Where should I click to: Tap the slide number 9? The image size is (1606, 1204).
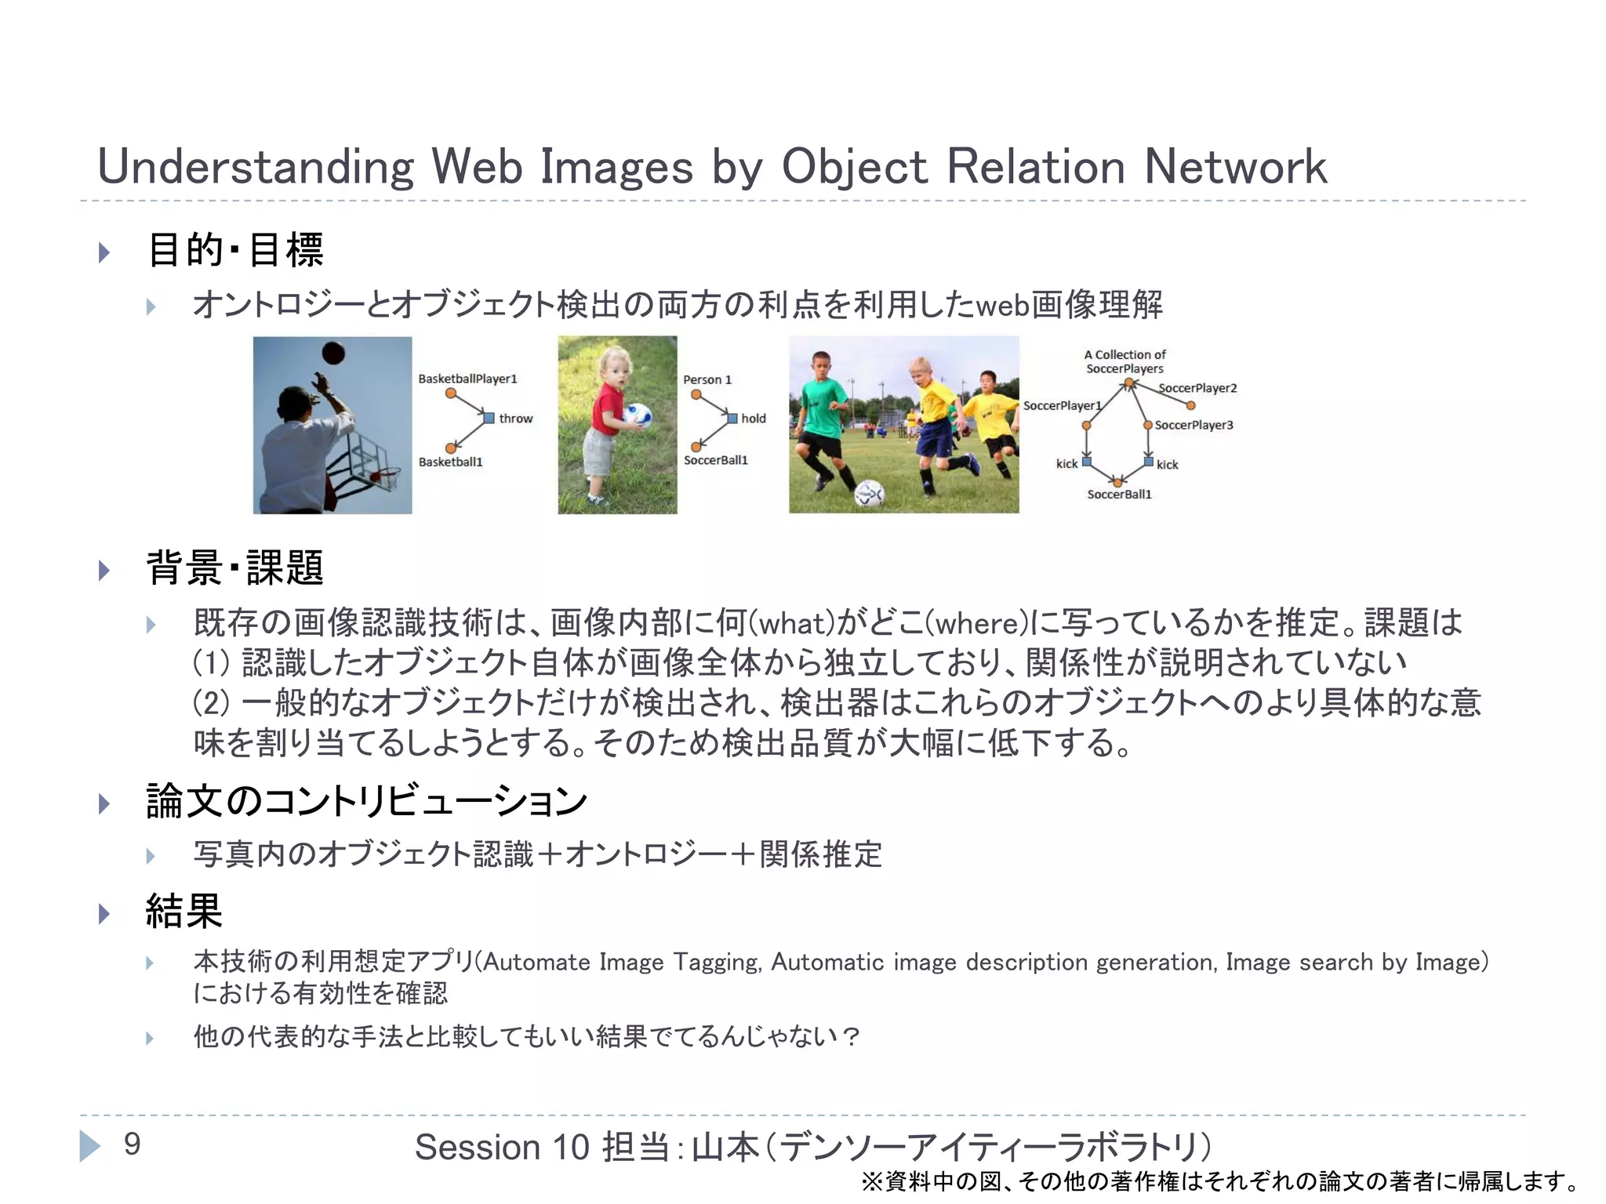pos(132,1144)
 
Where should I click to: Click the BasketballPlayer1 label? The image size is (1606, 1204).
pos(467,379)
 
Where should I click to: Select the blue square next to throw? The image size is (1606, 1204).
pos(489,418)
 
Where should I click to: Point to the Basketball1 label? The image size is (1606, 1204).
pos(450,462)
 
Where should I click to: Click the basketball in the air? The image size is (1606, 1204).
pos(332,353)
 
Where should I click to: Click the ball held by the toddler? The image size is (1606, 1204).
pos(638,414)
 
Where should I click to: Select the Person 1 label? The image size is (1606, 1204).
pos(707,379)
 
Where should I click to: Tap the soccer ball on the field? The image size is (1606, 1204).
pos(869,492)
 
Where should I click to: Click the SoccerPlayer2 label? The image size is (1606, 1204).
pos(1197,388)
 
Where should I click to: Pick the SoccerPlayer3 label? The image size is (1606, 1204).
pos(1194,425)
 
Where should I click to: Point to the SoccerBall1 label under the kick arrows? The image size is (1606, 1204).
pos(1119,494)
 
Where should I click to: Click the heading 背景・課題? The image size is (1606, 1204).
pos(234,568)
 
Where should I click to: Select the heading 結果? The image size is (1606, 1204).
pos(184,911)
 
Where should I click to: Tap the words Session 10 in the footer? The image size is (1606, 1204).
pos(501,1147)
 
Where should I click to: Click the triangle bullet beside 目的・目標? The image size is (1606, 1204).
pos(104,252)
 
